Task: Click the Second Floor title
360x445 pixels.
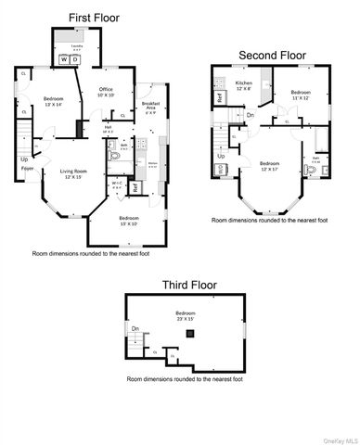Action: [x=272, y=56]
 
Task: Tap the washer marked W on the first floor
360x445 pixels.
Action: [x=65, y=58]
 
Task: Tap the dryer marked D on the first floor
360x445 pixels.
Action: [x=76, y=58]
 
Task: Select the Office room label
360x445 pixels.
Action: [x=107, y=91]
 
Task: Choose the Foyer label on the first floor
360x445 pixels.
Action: [x=28, y=169]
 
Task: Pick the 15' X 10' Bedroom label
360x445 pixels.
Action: [x=115, y=222]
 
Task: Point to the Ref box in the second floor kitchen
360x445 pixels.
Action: [x=220, y=95]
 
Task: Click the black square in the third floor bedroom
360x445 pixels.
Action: [x=191, y=332]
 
